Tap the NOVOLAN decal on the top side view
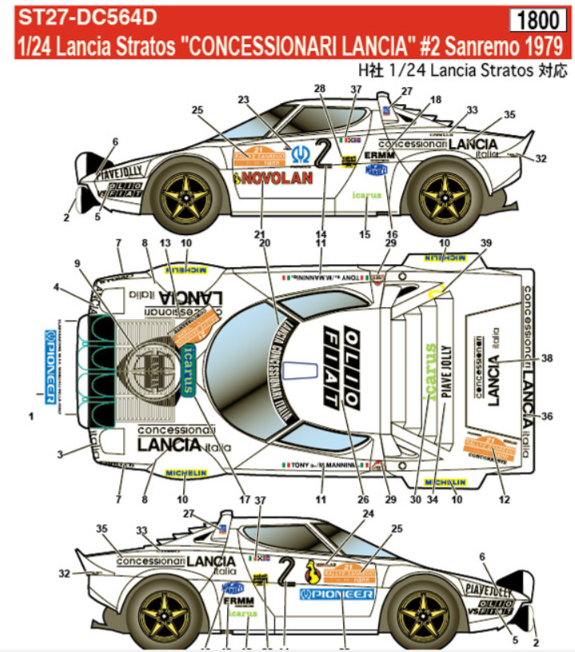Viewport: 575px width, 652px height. click(274, 178)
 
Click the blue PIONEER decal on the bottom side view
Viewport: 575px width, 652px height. click(336, 594)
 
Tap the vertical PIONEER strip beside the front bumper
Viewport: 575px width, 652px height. click(49, 357)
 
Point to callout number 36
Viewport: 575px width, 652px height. click(548, 415)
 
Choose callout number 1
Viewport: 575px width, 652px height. click(31, 417)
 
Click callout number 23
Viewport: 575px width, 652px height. click(244, 98)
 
